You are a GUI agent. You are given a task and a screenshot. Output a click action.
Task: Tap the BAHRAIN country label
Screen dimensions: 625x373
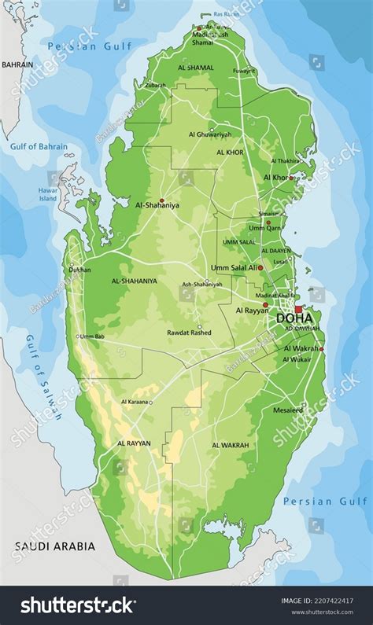pyautogui.click(x=17, y=64)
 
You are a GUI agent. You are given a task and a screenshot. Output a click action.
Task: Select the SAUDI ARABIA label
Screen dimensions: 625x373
pyautogui.click(x=54, y=546)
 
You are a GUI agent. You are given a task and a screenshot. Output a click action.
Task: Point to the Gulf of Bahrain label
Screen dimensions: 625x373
pyautogui.click(x=39, y=147)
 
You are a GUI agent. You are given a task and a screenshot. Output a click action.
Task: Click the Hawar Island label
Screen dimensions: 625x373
pyautogui.click(x=48, y=194)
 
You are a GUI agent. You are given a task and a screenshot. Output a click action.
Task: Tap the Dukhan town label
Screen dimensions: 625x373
pyautogui.click(x=80, y=269)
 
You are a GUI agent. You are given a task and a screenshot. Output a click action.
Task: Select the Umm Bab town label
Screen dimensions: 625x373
pyautogui.click(x=91, y=336)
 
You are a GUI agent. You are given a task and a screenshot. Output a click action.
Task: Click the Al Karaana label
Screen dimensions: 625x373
pyautogui.click(x=135, y=401)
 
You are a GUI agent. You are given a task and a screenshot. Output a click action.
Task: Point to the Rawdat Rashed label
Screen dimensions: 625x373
pyautogui.click(x=189, y=333)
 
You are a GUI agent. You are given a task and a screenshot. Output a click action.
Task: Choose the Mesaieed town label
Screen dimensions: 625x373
pyautogui.click(x=288, y=410)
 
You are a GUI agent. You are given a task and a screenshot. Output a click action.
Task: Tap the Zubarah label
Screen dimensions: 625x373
pyautogui.click(x=156, y=84)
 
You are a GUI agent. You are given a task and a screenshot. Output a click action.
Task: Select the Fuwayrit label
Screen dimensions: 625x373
pyautogui.click(x=245, y=72)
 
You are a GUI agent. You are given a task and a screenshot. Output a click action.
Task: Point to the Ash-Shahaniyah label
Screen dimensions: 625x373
pyautogui.click(x=202, y=284)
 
